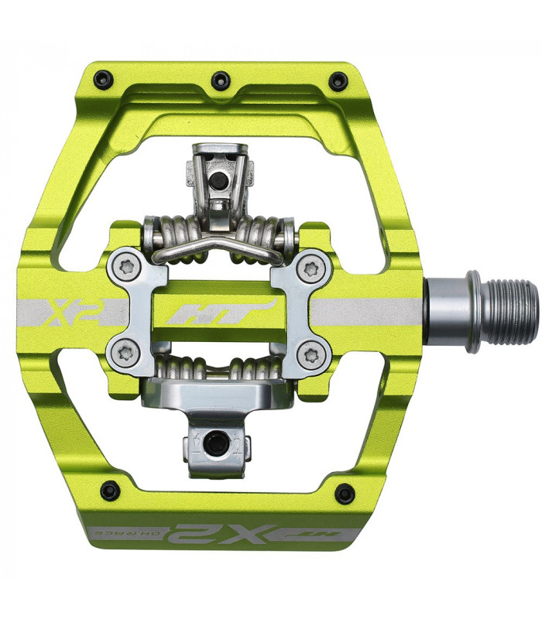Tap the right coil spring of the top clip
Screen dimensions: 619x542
(x=269, y=231)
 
